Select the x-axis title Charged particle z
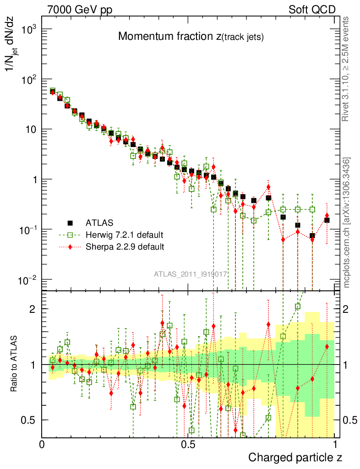pyautogui.click(x=295, y=457)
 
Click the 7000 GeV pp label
pyautogui.click(x=80, y=10)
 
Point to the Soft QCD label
pyautogui.click(x=312, y=10)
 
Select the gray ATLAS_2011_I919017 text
pyautogui.click(x=191, y=274)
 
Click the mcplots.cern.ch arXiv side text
pyautogui.click(x=347, y=223)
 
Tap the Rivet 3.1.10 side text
pyautogui.click(x=346, y=69)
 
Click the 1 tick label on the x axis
pyautogui.click(x=335, y=445)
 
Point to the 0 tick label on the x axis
pyautogui.click(x=42, y=445)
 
